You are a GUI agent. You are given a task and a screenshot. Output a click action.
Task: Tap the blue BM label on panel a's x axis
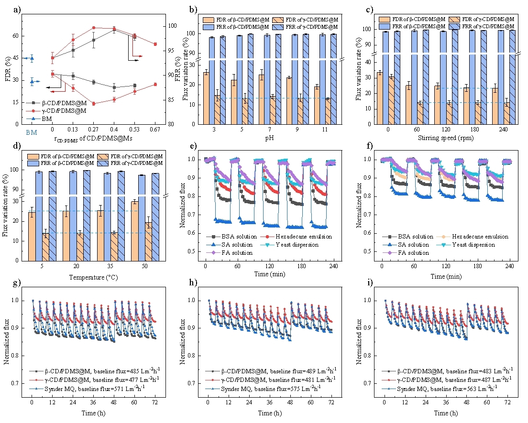tap(31, 132)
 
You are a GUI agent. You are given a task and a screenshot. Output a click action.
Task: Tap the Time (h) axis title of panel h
tap(269, 412)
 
